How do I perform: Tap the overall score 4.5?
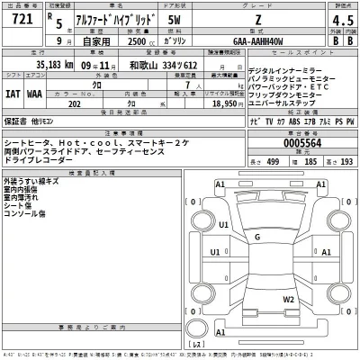point(339,22)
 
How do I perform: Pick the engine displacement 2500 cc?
point(132,41)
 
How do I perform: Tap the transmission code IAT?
point(13,91)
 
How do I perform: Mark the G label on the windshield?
point(257,237)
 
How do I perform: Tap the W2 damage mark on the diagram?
point(288,298)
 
